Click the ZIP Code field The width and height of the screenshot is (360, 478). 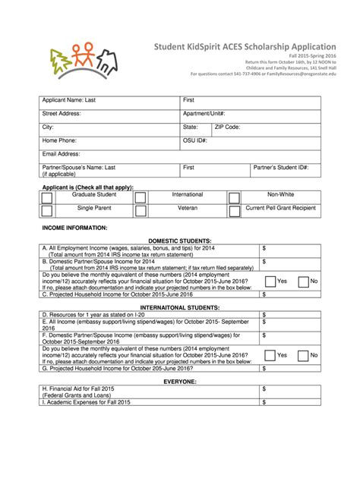click(267, 127)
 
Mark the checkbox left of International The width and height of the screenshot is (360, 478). click(141, 197)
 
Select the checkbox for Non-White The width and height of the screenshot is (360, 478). click(235, 197)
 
